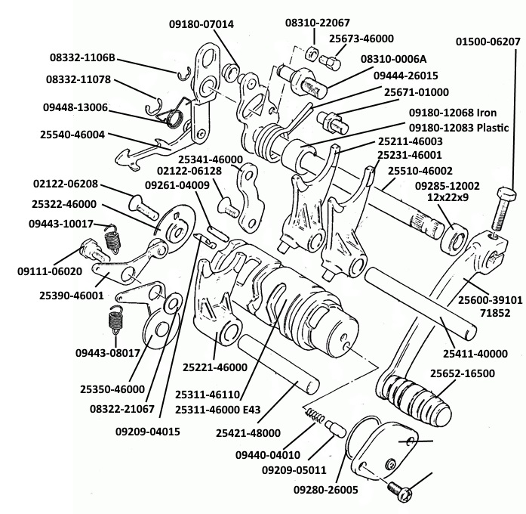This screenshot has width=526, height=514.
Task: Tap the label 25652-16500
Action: click(463, 373)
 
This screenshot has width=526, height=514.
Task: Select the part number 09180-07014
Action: click(201, 24)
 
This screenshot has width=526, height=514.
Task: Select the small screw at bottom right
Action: click(400, 491)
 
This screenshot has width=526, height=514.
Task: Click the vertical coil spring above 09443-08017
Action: click(115, 318)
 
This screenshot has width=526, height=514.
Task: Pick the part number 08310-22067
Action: click(318, 23)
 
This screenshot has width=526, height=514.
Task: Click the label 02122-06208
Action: click(64, 184)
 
